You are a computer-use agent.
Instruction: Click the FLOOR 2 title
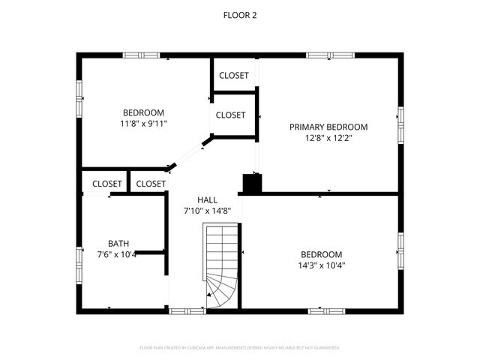[x=240, y=14]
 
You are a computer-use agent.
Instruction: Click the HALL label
[x=207, y=200]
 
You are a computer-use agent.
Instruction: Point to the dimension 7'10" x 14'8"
[x=207, y=211]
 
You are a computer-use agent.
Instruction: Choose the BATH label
[x=118, y=243]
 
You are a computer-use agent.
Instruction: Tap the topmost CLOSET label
[x=234, y=76]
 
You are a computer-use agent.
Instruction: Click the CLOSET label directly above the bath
[x=107, y=184]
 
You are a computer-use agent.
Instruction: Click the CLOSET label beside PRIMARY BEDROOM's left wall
[x=230, y=115]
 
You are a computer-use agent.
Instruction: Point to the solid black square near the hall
[x=250, y=184]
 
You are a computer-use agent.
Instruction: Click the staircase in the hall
[x=222, y=266]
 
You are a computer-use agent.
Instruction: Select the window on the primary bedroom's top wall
[x=330, y=55]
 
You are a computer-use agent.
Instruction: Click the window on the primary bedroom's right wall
[x=400, y=125]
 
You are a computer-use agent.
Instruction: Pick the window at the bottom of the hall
[x=187, y=310]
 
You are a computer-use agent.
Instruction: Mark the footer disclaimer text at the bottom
[x=240, y=348]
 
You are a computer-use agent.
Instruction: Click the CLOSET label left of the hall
[x=151, y=184]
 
